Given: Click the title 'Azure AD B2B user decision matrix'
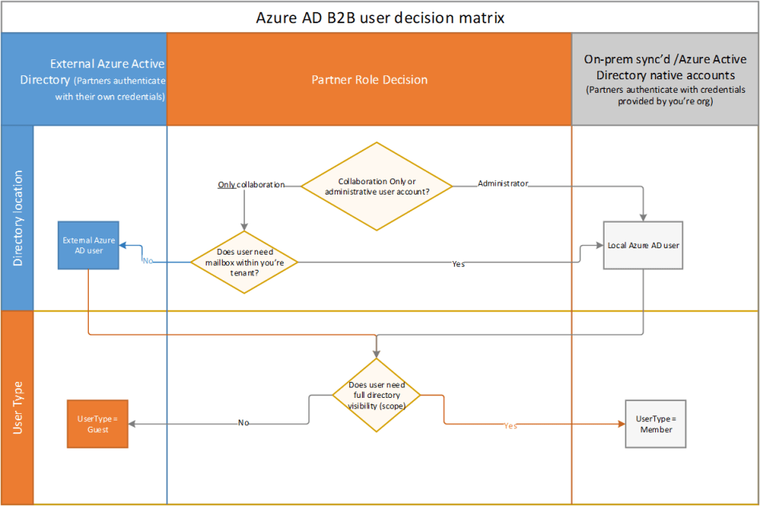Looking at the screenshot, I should (x=380, y=17).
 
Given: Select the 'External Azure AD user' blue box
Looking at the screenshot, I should (x=89, y=245).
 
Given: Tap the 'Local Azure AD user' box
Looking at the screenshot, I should (x=643, y=245).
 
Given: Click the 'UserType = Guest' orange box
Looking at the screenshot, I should (x=97, y=424).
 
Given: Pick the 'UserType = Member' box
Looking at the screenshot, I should (x=655, y=424).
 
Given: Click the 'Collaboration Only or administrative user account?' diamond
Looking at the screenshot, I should (x=376, y=186).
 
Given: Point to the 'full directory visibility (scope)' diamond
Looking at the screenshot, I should (x=376, y=395).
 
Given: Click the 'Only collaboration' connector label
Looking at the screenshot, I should (x=251, y=185).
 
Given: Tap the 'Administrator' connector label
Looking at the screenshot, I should (x=503, y=183).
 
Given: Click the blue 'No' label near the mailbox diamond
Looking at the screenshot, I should (x=147, y=261).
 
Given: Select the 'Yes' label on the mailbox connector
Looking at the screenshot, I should (x=458, y=263).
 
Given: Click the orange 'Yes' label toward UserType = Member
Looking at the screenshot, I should (x=511, y=426).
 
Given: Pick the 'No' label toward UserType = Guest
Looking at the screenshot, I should (x=243, y=423).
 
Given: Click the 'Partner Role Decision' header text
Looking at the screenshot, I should (x=369, y=80).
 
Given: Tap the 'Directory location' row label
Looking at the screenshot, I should (x=18, y=218).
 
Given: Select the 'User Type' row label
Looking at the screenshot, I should (x=18, y=408).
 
